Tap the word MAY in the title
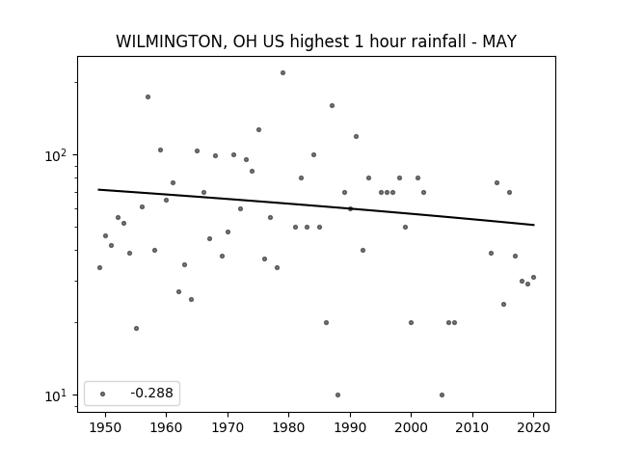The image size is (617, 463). pos(499,41)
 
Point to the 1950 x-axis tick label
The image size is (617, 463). pos(105,427)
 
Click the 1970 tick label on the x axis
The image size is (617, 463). pos(228,427)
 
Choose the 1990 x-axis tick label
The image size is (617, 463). pos(350,427)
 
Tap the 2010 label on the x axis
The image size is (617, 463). pos(472,427)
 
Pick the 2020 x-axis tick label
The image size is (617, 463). pos(533,427)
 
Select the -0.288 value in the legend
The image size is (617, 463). pos(152,393)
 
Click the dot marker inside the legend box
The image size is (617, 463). pos(102,394)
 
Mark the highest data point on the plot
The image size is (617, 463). pos(282,73)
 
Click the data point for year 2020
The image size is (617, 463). pos(533,277)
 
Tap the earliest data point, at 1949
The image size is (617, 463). pos(99,268)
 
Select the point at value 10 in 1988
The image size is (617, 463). pos(337,395)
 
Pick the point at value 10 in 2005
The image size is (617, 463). pos(442,395)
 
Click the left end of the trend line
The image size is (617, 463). pos(98,189)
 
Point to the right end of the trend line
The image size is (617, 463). pos(534,225)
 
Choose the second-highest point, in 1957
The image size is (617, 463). pos(148,96)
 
